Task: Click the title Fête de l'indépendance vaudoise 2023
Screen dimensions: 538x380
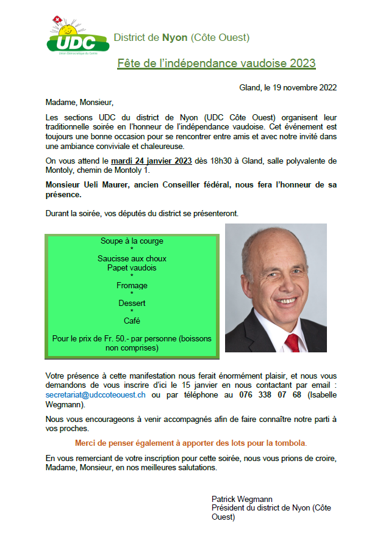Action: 216,63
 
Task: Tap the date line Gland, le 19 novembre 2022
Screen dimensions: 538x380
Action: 288,88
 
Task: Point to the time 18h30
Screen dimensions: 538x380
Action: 223,161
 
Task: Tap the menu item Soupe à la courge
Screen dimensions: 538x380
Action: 132,241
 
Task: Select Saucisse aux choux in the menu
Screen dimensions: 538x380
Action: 132,259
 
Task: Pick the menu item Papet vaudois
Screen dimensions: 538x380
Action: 132,267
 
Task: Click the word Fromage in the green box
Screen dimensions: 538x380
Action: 132,285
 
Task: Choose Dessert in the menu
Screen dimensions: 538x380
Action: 132,303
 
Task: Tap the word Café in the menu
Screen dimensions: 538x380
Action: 132,321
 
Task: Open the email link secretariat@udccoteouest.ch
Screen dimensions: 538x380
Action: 96,395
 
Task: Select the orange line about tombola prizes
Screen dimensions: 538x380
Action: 191,443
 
